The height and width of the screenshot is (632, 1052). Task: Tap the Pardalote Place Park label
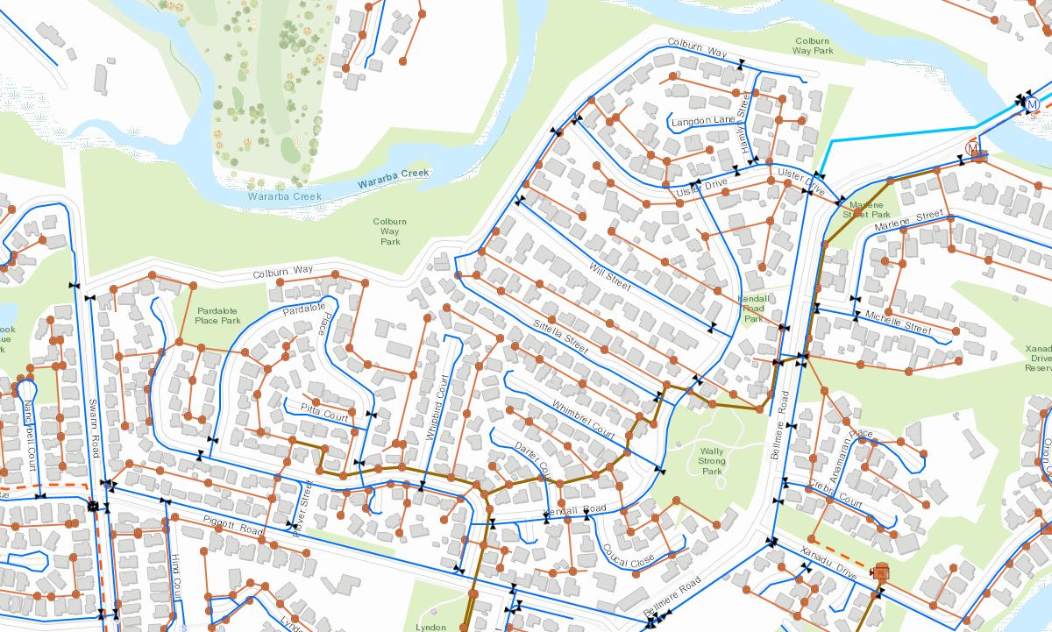pyautogui.click(x=218, y=315)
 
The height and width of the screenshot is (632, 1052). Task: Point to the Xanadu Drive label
pyautogui.click(x=828, y=561)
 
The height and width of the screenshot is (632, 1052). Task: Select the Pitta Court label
pyautogui.click(x=325, y=413)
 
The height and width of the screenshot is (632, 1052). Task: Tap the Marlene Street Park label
pyautogui.click(x=866, y=209)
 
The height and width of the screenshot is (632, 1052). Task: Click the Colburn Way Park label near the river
pyautogui.click(x=813, y=46)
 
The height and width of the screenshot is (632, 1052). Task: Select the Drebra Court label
pyautogui.click(x=836, y=494)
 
